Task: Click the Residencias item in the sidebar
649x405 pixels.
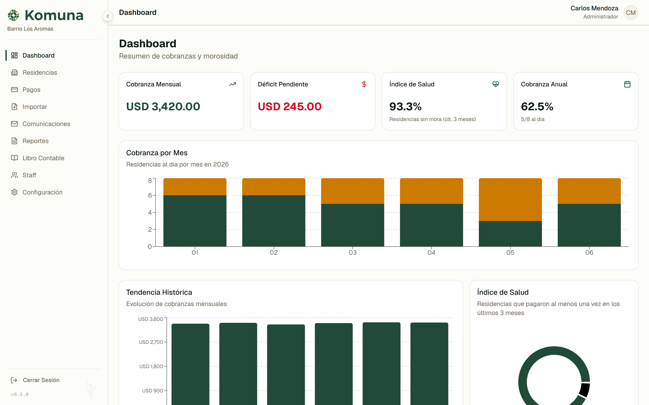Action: point(40,73)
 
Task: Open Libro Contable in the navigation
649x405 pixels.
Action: point(43,158)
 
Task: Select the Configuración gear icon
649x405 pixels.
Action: point(14,192)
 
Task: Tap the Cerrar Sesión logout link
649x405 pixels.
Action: point(41,380)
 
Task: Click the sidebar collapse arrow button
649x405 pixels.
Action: point(108,16)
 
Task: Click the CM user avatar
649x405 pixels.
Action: point(631,13)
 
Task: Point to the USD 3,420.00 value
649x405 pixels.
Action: point(163,107)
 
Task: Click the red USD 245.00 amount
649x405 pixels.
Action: point(290,107)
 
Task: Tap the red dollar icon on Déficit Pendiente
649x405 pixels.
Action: point(364,84)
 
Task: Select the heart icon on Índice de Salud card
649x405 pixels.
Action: point(496,84)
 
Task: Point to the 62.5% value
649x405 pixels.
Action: point(537,107)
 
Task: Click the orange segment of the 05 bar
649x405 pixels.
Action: point(510,200)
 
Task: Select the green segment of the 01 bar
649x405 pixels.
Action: point(195,221)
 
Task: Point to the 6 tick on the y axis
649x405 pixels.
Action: point(150,195)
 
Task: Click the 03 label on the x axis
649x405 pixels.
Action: point(352,253)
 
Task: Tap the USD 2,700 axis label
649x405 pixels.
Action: point(151,342)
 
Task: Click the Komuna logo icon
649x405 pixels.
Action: point(14,15)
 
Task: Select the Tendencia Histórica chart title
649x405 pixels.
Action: point(159,292)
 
